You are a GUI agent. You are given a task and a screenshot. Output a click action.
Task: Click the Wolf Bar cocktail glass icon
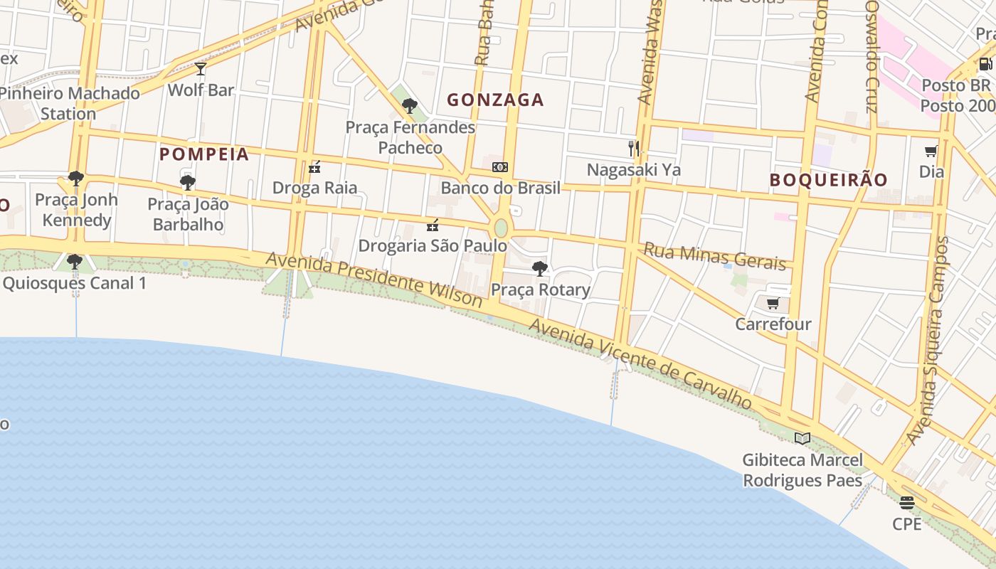(201, 69)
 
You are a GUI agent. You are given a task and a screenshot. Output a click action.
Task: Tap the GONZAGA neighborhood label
(495, 100)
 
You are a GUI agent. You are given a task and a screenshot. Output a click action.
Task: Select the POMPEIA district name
(204, 154)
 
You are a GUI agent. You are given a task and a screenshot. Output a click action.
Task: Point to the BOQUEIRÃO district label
(829, 180)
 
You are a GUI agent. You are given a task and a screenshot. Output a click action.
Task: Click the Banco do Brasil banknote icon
(500, 167)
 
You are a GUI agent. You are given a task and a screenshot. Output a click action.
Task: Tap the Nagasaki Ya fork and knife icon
(634, 149)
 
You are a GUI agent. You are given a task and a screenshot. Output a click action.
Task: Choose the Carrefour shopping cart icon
(773, 304)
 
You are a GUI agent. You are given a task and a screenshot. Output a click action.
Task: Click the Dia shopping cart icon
(931, 151)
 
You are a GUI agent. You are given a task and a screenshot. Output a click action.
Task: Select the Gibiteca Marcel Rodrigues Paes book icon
(802, 439)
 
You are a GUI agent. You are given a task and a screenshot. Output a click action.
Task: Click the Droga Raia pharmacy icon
(314, 168)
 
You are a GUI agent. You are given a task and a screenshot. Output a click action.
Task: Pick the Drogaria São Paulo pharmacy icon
(432, 225)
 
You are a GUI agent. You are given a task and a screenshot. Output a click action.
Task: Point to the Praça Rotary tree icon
(540, 269)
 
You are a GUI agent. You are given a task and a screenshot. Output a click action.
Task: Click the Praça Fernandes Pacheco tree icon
(409, 107)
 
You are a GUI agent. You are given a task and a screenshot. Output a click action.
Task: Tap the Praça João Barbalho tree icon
(188, 183)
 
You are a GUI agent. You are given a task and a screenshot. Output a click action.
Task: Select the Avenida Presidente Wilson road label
(374, 279)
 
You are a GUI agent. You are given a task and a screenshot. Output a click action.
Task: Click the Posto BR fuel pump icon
(985, 64)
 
